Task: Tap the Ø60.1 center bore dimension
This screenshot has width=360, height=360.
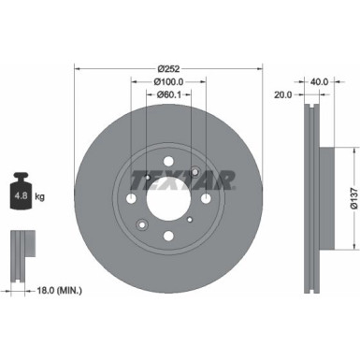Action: pyautogui.click(x=169, y=94)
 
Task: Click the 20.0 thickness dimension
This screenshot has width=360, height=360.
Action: pyautogui.click(x=283, y=94)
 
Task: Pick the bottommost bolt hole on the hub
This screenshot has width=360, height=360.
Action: pyautogui.click(x=168, y=238)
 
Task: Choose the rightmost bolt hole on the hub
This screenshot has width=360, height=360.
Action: pyautogui.click(x=207, y=197)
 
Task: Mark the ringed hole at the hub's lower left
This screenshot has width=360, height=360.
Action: pyautogui.click(x=141, y=224)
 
